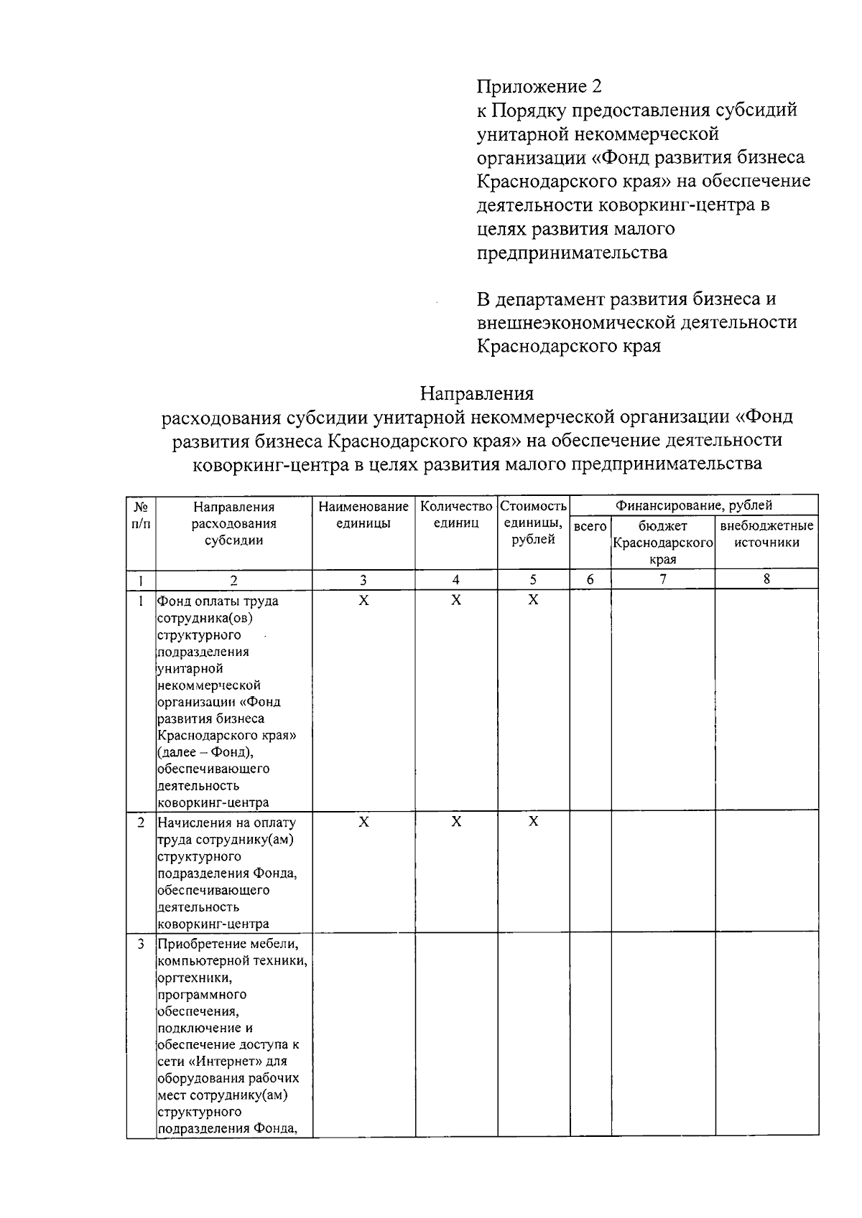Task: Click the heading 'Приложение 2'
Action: pos(539,87)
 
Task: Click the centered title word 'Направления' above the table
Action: pos(477,393)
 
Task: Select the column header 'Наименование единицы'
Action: pos(363,515)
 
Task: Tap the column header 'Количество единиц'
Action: pos(456,515)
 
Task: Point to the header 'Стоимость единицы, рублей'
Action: pos(533,523)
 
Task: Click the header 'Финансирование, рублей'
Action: pos(693,505)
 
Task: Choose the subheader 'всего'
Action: pos(590,526)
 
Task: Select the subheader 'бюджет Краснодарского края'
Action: pos(662,543)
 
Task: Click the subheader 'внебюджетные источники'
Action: pos(766,534)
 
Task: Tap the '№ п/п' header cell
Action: pos(141,515)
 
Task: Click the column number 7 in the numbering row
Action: pos(662,579)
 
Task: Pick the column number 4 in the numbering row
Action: pos(456,580)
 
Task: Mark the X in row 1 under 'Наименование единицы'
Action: pos(363,600)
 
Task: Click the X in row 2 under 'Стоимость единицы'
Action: pos(533,821)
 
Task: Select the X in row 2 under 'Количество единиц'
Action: pos(456,821)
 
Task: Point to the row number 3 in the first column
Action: pos(141,944)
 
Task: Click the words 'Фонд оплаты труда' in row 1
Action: pos(218,601)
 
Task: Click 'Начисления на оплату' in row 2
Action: pos(226,823)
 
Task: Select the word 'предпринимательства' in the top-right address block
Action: pos(572,253)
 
